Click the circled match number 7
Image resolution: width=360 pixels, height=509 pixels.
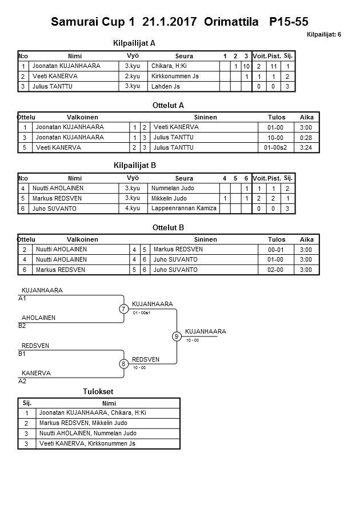(x=123, y=309)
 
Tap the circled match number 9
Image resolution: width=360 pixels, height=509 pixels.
(x=177, y=336)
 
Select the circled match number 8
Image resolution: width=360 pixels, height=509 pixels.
(x=123, y=363)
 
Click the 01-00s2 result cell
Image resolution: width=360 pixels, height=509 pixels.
(x=277, y=147)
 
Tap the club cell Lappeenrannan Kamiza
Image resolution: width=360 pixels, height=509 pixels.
(x=184, y=209)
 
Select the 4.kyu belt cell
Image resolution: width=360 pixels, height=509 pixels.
(x=133, y=209)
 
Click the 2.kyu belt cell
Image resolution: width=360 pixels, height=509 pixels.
(x=133, y=76)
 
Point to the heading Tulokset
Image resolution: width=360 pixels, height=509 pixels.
(x=98, y=392)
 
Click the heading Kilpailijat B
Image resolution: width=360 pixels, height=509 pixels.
(x=135, y=166)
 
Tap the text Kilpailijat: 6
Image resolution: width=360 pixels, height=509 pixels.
(x=324, y=34)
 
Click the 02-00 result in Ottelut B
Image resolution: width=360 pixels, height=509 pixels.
(x=277, y=269)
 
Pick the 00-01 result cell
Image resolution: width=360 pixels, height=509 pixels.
(x=277, y=250)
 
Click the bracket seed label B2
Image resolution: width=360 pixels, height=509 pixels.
(x=22, y=326)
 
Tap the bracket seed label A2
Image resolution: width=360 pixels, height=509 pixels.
(x=22, y=380)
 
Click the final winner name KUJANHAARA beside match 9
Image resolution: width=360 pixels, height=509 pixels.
(x=206, y=331)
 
